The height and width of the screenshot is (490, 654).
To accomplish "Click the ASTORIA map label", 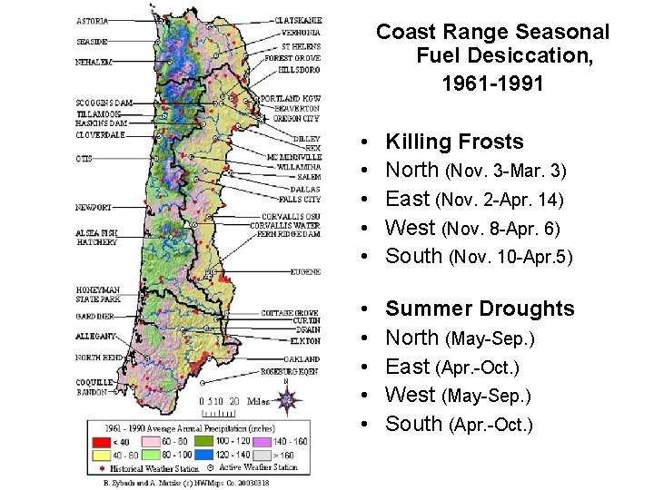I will pos(92,20).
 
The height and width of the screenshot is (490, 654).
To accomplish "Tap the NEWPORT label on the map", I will pos(93,208).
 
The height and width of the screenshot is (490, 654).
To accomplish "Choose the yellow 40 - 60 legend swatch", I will pos(97,454).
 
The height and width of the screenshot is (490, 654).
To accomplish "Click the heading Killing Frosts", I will pos(454,142).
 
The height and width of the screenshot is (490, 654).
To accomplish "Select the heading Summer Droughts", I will pos(480,309).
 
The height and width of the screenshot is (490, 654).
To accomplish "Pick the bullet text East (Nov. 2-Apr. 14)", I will pos(475,200).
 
